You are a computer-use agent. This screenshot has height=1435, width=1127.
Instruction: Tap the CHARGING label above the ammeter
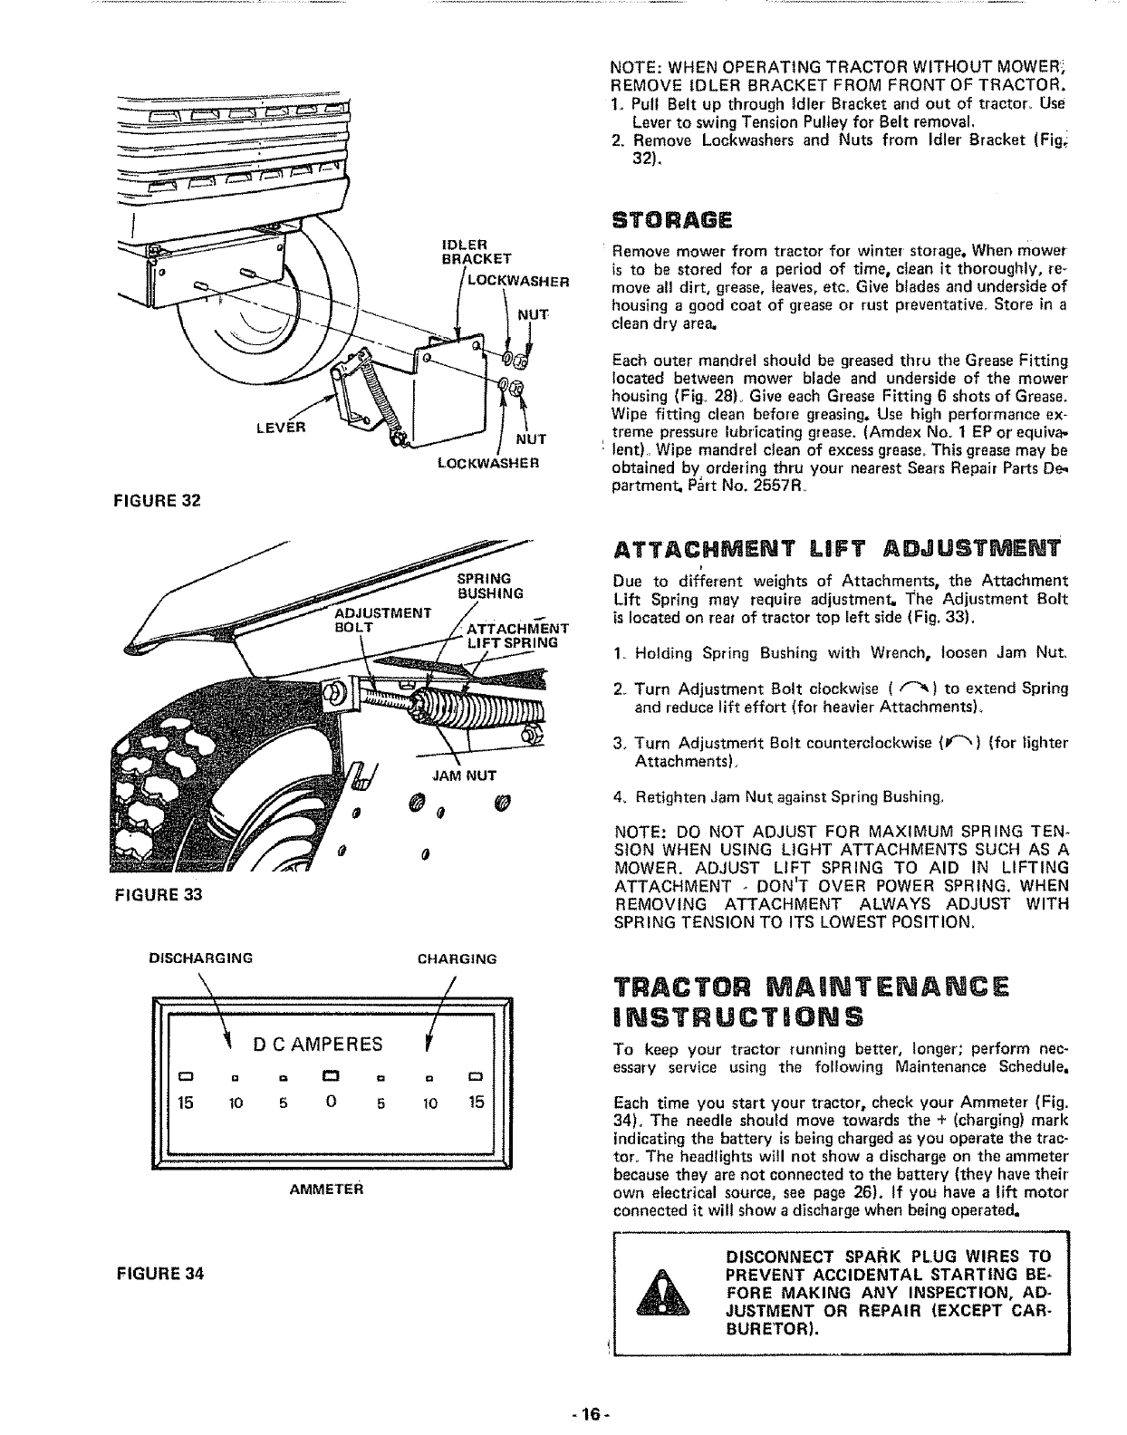457,958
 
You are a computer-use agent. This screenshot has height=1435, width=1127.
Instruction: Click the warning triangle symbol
665,1295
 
